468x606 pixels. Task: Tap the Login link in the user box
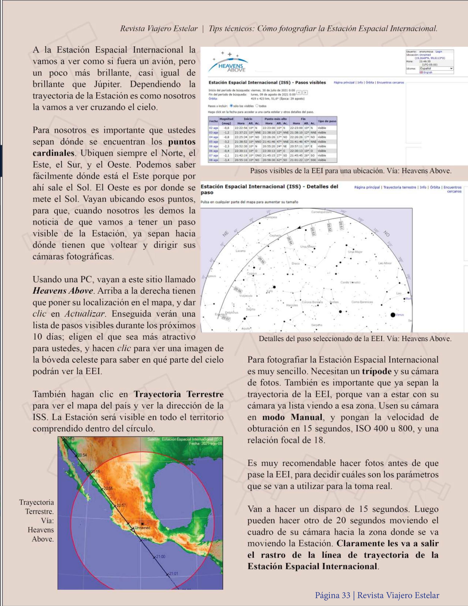[439, 52]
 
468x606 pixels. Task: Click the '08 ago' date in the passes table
[213, 160]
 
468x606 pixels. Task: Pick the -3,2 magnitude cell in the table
[226, 142]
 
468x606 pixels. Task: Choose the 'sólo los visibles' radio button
[231, 106]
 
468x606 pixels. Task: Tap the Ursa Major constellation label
[355, 252]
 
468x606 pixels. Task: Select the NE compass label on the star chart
[226, 234]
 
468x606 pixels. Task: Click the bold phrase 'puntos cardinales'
[114, 147]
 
